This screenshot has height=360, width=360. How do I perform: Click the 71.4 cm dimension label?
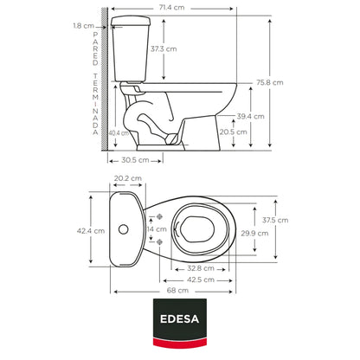pos(171,7)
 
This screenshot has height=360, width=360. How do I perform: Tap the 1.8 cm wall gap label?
pos(84,26)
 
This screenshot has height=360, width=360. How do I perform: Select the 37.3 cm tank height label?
pos(164,48)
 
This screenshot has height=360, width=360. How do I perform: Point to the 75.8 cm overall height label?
pos(270,82)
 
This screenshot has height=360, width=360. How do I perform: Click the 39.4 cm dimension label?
pos(250,116)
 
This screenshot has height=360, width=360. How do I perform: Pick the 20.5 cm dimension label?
pos(234,132)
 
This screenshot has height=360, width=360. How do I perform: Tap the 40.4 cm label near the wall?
pos(119,133)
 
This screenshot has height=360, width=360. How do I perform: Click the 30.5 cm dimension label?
pos(135,160)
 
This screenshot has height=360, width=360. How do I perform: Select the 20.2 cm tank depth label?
pos(128,178)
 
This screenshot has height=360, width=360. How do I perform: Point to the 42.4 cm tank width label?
pos(91,231)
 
